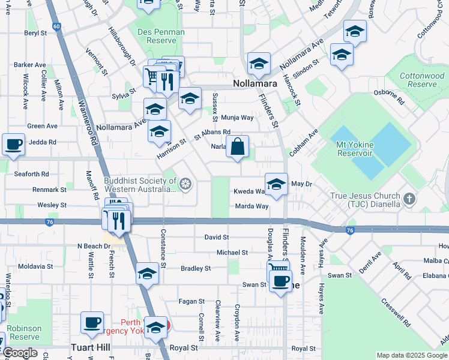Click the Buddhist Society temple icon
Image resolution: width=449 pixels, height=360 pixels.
pyautogui.click(x=185, y=184)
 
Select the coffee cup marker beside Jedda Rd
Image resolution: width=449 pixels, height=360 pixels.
pyautogui.click(x=13, y=143)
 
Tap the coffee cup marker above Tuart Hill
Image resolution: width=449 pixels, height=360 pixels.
pyautogui.click(x=92, y=322)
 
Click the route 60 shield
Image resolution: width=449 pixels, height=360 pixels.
pyautogui.click(x=56, y=26)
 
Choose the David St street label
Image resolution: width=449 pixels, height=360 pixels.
pyautogui.click(x=216, y=238)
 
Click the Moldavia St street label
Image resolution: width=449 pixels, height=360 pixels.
pyautogui.click(x=35, y=266)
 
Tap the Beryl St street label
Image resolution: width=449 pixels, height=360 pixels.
pyautogui.click(x=35, y=33)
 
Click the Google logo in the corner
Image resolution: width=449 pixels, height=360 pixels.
pyautogui.click(x=20, y=353)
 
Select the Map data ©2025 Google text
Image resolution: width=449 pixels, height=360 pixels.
pyautogui.click(x=411, y=355)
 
